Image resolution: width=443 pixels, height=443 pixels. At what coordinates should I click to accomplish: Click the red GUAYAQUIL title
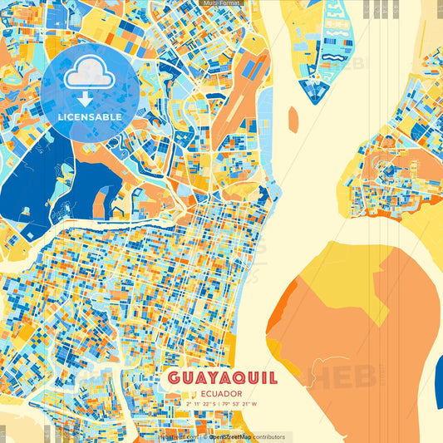tap(222, 378)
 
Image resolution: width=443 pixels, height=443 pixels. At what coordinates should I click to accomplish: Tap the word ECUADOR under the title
tap(222, 393)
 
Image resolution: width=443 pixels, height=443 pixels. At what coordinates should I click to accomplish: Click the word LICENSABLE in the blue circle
tap(90, 117)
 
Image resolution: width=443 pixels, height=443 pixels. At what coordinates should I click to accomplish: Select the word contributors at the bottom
tap(268, 436)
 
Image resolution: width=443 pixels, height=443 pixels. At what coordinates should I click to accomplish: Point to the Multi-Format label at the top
tap(221, 3)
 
